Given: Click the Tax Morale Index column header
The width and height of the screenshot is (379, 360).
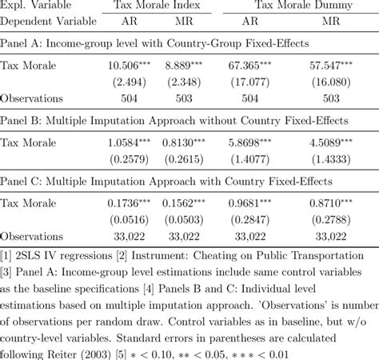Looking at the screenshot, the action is [x=161, y=7].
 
